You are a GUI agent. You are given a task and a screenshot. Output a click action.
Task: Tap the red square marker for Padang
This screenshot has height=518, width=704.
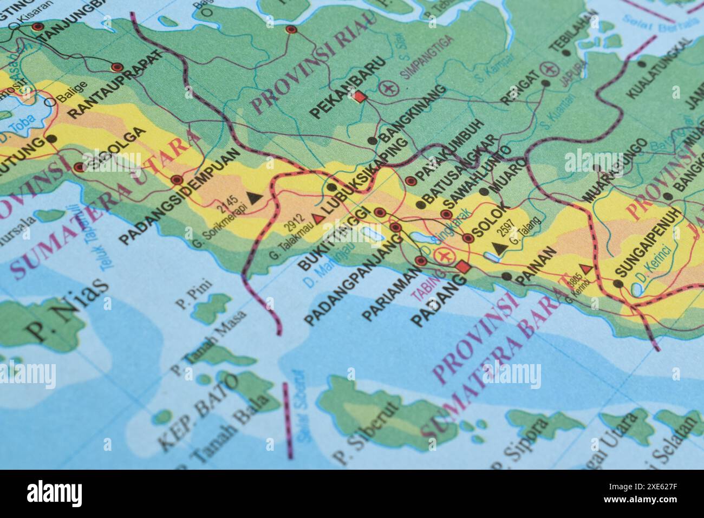pos(462,266)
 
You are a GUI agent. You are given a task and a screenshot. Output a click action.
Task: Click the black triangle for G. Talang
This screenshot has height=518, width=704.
pos(499,248)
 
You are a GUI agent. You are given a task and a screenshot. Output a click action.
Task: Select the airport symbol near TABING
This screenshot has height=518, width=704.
pos(445,255)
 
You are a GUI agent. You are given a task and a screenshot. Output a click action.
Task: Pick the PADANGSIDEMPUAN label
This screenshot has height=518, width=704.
pos(179,196)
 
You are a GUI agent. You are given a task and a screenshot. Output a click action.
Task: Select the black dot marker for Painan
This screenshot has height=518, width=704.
pos(506,276)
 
